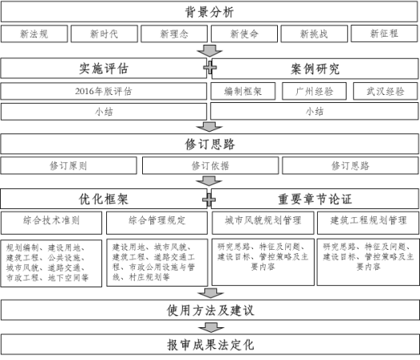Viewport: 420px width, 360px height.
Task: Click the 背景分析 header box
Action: [x=209, y=12]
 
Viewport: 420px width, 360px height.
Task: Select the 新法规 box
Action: [x=34, y=34]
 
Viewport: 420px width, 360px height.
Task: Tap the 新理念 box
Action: [x=174, y=34]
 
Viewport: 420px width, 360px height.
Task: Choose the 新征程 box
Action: [x=384, y=34]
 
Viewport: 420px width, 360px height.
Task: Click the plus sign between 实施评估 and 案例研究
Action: [x=210, y=68]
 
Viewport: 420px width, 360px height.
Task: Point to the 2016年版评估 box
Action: [x=104, y=91]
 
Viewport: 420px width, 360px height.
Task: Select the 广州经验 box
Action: [x=314, y=91]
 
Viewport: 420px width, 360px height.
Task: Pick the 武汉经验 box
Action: [x=386, y=91]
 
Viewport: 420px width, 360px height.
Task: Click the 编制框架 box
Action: [x=243, y=91]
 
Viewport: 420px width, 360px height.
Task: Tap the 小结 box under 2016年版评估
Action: [x=104, y=112]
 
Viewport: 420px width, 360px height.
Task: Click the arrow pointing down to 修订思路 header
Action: [x=209, y=127]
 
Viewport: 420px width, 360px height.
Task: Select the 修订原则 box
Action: [x=69, y=166]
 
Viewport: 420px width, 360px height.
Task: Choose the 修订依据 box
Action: [x=210, y=166]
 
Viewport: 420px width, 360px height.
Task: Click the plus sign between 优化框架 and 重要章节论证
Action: [x=209, y=200]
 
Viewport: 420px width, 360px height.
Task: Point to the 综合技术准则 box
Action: [x=51, y=223]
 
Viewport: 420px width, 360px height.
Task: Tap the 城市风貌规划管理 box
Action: [x=263, y=223]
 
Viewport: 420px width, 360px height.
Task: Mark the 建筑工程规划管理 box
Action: [x=368, y=223]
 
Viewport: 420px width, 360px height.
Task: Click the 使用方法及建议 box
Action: [x=210, y=311]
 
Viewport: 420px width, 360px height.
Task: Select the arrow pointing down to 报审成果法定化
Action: [x=211, y=327]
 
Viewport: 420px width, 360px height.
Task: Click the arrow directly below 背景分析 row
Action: [x=209, y=50]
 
